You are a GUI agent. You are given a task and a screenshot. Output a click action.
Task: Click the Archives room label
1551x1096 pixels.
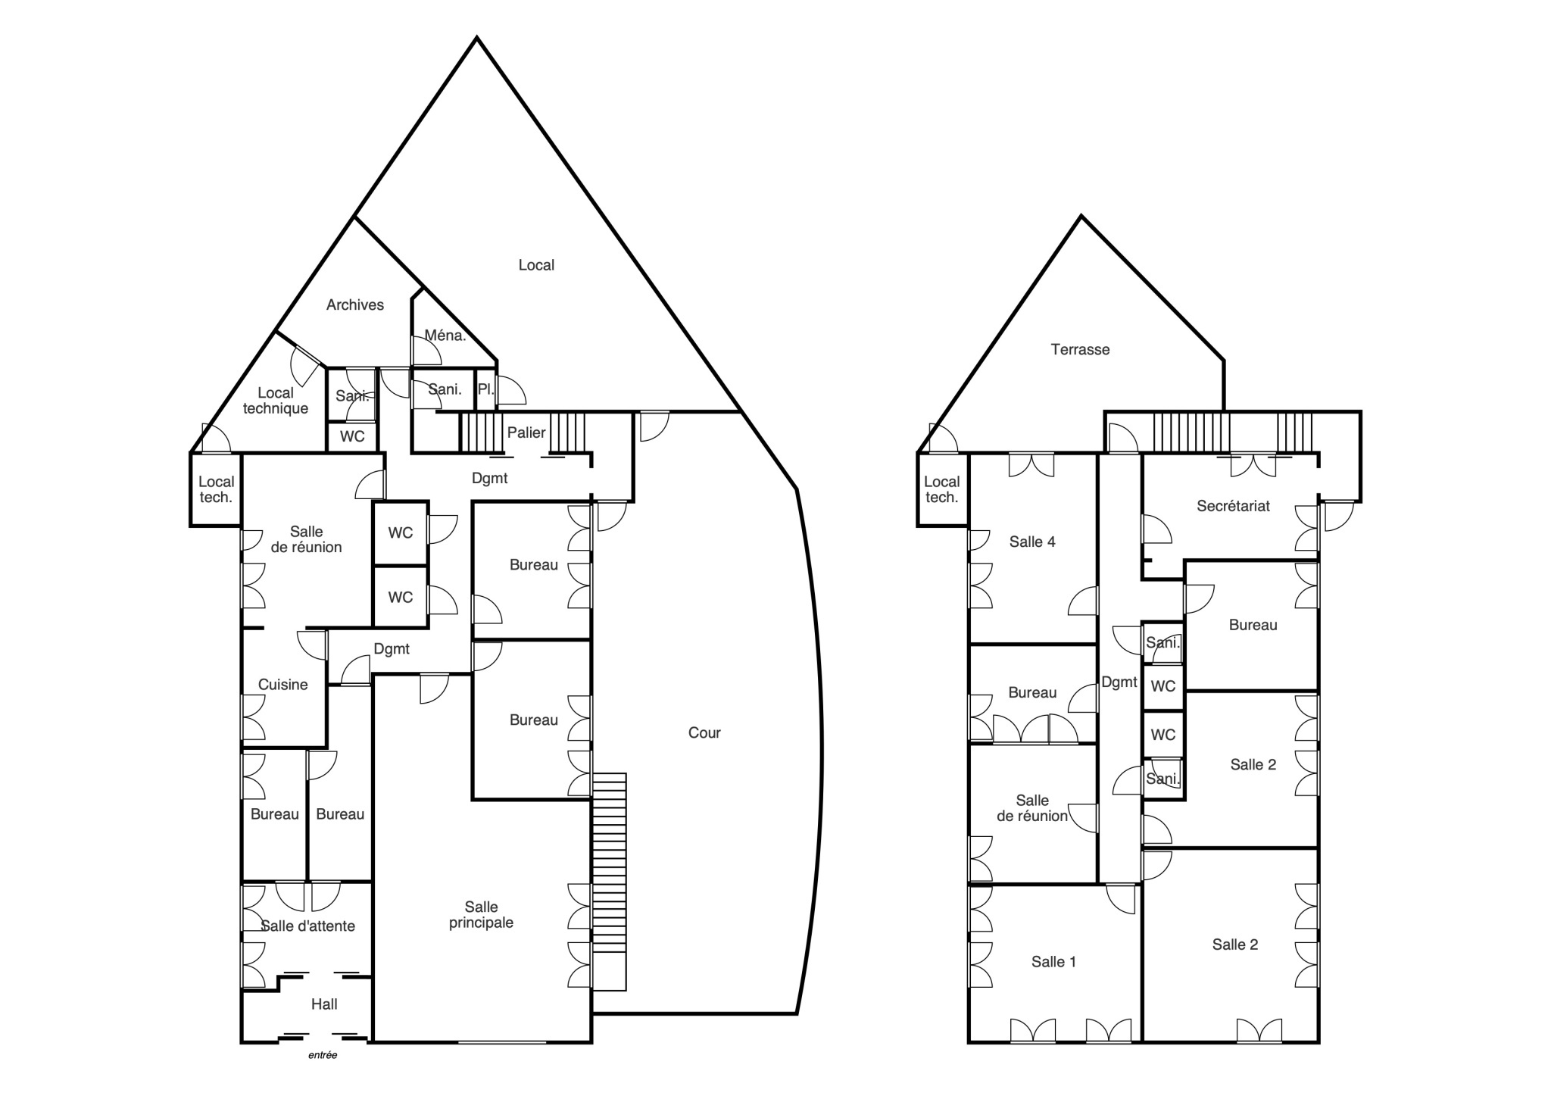[x=355, y=304]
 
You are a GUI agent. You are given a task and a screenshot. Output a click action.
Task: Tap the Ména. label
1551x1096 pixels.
[x=445, y=335]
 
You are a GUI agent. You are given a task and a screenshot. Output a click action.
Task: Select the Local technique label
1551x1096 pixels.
[x=276, y=400]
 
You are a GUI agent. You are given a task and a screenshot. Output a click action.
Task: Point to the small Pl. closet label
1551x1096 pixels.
[x=485, y=389]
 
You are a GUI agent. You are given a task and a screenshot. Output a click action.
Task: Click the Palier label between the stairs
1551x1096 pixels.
[x=526, y=432]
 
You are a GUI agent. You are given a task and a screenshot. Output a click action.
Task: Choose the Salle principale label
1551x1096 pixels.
[x=482, y=914]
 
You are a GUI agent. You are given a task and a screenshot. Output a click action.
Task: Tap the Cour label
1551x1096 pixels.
[x=704, y=732]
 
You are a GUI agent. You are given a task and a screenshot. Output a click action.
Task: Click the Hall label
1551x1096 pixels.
[x=324, y=1004]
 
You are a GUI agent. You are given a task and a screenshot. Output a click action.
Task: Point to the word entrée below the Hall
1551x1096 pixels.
[x=323, y=1055]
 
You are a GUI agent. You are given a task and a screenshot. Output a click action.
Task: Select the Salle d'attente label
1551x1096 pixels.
[x=307, y=926]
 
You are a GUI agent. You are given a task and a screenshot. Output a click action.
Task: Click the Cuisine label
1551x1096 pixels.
[x=283, y=685]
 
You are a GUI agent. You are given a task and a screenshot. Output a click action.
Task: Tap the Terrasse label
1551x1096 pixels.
[x=1081, y=349]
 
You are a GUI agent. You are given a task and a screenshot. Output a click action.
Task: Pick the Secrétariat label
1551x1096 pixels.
[x=1234, y=506]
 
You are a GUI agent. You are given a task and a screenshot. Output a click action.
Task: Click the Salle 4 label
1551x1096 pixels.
[x=1032, y=542]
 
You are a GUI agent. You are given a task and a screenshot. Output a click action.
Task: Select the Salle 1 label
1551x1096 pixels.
[x=1053, y=962]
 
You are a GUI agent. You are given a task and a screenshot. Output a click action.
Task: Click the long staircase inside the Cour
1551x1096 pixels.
[x=609, y=882]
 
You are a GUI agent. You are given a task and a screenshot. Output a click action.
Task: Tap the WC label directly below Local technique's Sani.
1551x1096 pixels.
[x=352, y=436]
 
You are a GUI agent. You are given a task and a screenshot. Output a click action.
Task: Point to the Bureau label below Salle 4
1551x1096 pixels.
[x=1032, y=692]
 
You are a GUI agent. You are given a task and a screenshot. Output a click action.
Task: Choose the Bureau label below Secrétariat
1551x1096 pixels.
[x=1253, y=625]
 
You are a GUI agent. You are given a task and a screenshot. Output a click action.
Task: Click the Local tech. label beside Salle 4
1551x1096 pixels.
[x=942, y=489]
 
